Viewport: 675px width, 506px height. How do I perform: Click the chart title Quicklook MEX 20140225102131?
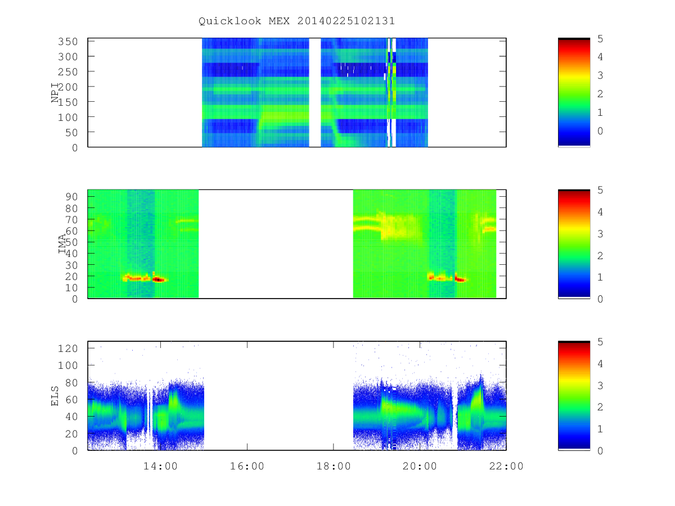coord(297,21)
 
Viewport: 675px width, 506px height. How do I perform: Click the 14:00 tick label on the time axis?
coord(160,466)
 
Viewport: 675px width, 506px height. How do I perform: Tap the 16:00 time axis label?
coord(247,466)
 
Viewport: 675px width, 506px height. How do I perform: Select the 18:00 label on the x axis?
coord(334,466)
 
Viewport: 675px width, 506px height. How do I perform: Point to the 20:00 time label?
coord(420,466)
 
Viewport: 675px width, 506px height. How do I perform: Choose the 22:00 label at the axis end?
coord(506,466)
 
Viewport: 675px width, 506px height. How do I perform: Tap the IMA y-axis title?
coord(62,243)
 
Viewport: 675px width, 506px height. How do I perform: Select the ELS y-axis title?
coord(55,396)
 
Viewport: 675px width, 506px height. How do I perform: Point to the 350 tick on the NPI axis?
coord(68,41)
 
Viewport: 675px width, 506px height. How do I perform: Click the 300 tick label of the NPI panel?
coord(68,57)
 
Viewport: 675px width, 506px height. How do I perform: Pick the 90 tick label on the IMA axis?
coord(71,197)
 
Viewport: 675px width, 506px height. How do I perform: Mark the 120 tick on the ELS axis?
coord(68,349)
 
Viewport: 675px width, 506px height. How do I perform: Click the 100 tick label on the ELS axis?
coord(68,365)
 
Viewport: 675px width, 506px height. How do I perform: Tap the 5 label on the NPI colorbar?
coord(600,39)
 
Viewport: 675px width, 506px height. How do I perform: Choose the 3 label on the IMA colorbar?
coord(600,234)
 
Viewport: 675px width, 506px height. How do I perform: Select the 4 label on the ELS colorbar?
coord(600,364)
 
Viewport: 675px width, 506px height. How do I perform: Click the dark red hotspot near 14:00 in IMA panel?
coord(158,279)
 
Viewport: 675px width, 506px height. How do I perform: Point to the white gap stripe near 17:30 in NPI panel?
coord(315,92)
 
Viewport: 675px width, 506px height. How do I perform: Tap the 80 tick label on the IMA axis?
coord(71,208)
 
